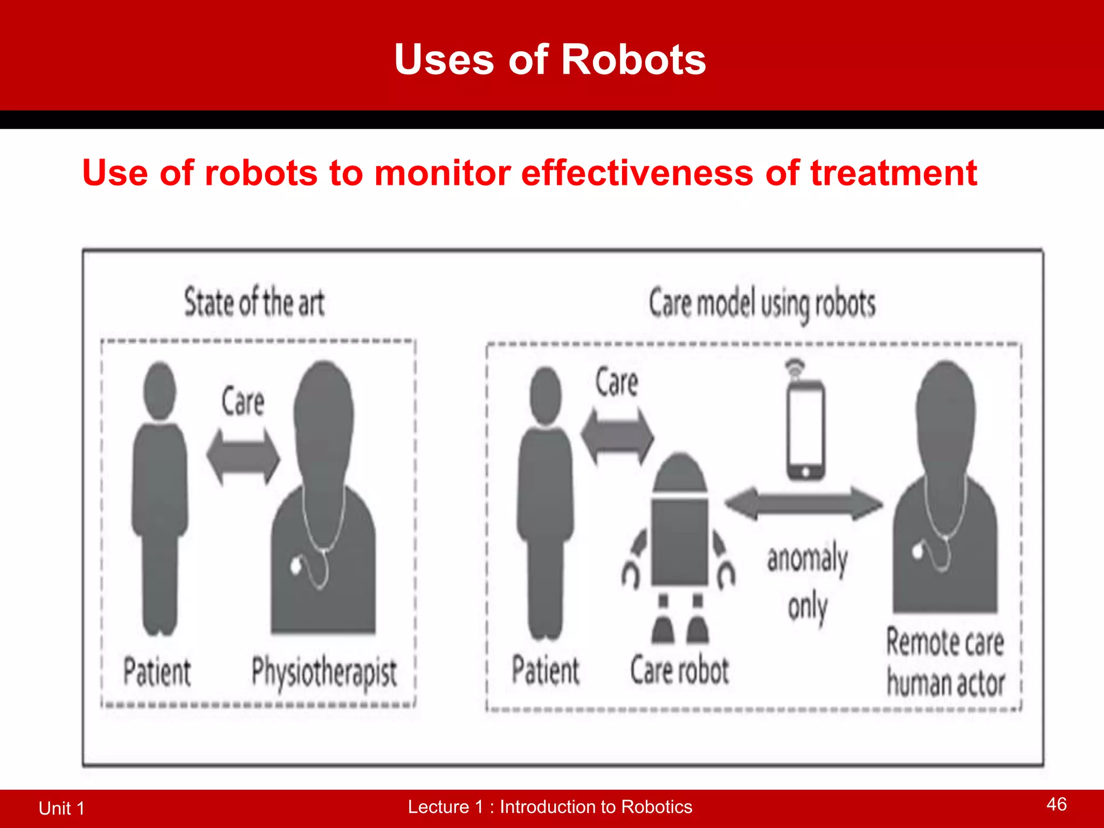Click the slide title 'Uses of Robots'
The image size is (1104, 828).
click(550, 59)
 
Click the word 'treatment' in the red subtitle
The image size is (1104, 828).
click(893, 174)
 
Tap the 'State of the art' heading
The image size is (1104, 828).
click(254, 302)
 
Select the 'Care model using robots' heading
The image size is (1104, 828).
click(762, 304)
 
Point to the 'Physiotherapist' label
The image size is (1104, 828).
click(324, 673)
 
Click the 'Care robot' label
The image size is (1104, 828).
click(679, 671)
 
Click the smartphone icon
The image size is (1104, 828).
click(805, 429)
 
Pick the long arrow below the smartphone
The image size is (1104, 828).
click(803, 503)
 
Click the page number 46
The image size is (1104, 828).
click(1056, 804)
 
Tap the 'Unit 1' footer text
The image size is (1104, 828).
click(61, 808)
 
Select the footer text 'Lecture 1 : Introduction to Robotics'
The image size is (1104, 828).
click(550, 806)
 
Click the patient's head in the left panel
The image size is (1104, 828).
click(160, 390)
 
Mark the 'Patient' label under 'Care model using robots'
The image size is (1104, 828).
click(546, 671)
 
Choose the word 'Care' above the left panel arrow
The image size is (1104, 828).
click(243, 402)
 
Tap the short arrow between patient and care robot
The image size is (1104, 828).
click(617, 436)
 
